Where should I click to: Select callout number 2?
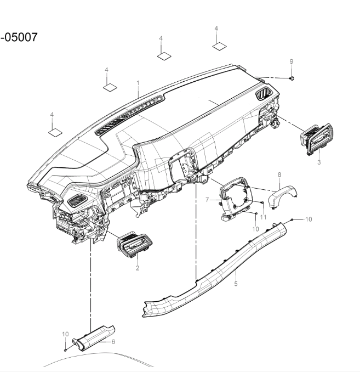[138, 268]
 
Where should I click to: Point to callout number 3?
[319, 162]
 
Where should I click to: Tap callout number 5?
[236, 285]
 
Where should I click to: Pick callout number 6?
[113, 341]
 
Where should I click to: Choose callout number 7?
[208, 200]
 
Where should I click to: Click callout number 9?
[292, 60]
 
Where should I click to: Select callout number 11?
[263, 217]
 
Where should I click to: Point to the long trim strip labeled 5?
[219, 269]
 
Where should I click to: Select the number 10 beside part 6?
[65, 334]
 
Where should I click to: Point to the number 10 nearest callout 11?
[255, 228]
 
